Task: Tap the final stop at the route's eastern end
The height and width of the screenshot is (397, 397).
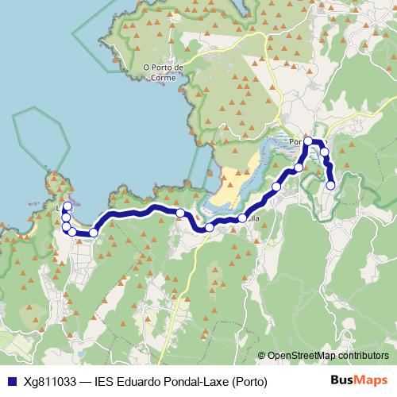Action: coord(330,186)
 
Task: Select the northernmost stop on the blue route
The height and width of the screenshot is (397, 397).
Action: coord(308,141)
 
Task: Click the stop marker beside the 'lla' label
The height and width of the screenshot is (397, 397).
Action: coord(242,218)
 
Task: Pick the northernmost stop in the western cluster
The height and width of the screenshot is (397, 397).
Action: coord(68,206)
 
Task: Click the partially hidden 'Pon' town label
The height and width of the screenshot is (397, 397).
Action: coord(297,143)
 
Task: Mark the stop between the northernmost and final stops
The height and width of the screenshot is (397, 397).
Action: coord(324,152)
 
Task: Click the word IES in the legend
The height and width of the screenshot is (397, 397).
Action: coord(106,381)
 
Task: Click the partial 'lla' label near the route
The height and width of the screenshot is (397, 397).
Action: coord(254,218)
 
